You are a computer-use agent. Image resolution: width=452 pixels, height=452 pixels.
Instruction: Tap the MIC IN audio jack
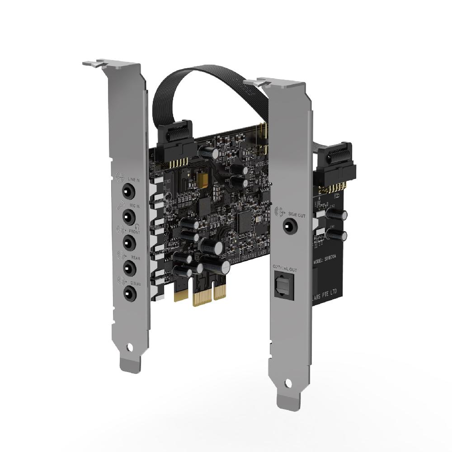pyautogui.click(x=128, y=217)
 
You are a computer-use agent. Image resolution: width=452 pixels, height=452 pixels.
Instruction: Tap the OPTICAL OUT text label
pyautogui.click(x=285, y=270)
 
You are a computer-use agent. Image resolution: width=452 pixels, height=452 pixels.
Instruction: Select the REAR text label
pyautogui.click(x=135, y=258)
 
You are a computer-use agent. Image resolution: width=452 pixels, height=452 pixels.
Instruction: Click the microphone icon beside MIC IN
pyautogui.click(x=120, y=207)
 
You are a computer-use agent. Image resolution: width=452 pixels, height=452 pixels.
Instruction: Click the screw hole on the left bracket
pyautogui.click(x=130, y=348)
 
